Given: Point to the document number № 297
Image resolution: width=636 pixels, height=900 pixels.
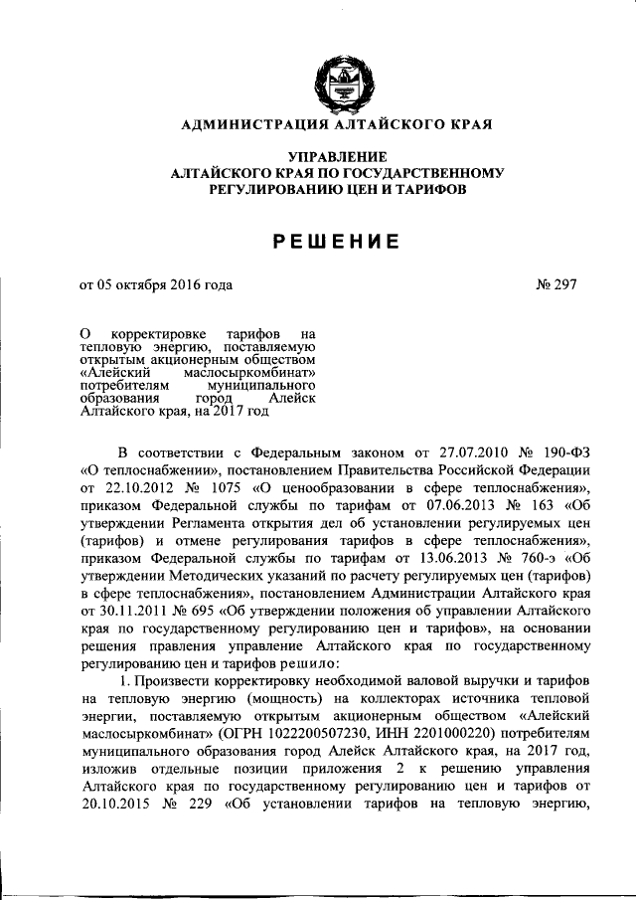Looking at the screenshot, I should (556, 284).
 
